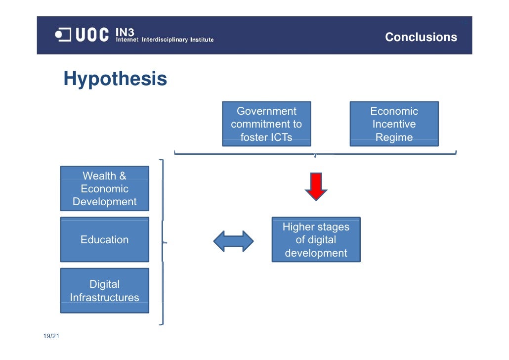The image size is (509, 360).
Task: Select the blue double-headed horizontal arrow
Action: coord(233,241)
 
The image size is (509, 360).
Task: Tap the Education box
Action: coord(104,240)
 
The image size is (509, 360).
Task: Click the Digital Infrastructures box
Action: coord(104,291)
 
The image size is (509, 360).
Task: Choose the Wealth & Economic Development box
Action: coord(104,188)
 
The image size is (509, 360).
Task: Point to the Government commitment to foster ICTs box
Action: coord(266,124)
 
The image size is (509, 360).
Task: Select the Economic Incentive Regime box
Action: coord(394,124)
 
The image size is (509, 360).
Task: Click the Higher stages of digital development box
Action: coord(316,240)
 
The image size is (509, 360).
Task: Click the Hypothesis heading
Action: coord(115,79)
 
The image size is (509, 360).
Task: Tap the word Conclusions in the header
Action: coord(421,37)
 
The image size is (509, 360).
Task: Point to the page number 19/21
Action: coord(51,337)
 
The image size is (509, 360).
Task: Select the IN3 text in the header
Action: coord(125,32)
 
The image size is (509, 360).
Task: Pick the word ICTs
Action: coord(279,137)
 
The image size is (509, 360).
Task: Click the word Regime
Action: coord(394,137)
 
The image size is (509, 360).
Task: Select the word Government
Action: coord(266,111)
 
